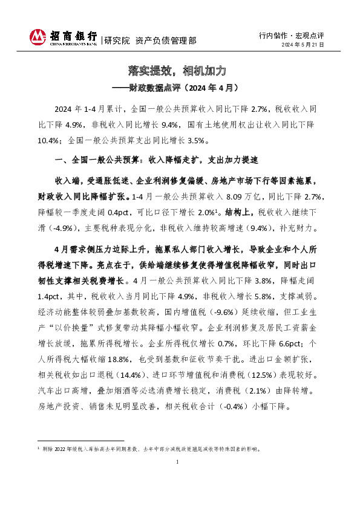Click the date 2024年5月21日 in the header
303,45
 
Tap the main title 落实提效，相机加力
180,71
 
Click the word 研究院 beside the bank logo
117,41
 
